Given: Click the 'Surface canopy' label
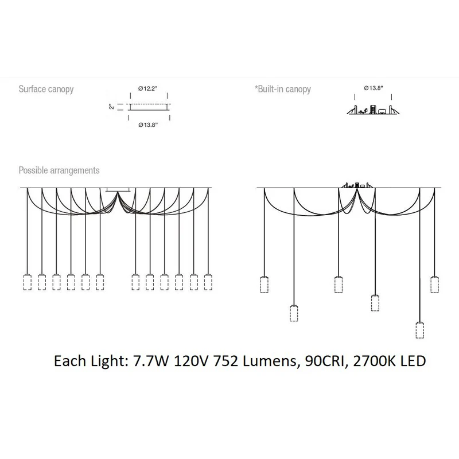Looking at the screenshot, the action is (46, 89).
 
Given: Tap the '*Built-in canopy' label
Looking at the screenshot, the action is (282, 89).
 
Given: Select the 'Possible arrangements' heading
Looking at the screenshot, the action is (59, 170).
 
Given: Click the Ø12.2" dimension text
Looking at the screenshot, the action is (148, 88).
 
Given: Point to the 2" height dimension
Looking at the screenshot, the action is (111, 107).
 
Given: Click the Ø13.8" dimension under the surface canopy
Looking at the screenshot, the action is (148, 125).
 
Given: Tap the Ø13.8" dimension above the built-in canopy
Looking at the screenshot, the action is (374, 88).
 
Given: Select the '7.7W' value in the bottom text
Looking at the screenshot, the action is (151, 361).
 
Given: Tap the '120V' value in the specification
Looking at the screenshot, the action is (192, 361).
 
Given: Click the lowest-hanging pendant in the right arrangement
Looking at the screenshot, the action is (420, 330).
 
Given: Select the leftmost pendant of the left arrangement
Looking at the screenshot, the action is (27, 282).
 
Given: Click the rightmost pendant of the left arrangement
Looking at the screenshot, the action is (208, 282).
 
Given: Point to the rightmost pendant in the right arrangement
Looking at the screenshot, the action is (435, 284).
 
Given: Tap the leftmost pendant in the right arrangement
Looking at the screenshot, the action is (264, 284).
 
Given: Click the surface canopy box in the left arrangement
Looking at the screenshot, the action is (118, 190).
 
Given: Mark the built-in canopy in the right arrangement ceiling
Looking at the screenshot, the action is (357, 185).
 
